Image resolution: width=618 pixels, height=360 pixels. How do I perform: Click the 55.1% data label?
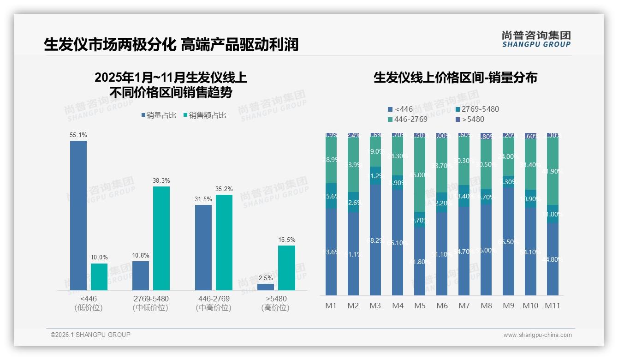pyautogui.click(x=78, y=135)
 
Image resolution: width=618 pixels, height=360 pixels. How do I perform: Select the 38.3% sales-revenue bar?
pyautogui.click(x=161, y=238)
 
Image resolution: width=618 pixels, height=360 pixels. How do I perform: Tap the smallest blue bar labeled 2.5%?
pyautogui.click(x=265, y=287)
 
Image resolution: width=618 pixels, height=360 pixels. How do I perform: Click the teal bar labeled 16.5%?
pyautogui.click(x=286, y=268)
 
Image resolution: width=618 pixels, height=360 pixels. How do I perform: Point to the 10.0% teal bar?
pyautogui.click(x=99, y=277)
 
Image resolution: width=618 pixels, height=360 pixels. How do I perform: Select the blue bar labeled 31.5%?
pyautogui.click(x=203, y=247)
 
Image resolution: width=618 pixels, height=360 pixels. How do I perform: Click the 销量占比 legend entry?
pyautogui.click(x=158, y=115)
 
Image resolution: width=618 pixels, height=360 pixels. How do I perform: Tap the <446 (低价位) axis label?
pyautogui.click(x=88, y=303)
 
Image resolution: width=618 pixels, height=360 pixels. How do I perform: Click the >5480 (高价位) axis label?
pyautogui.click(x=276, y=303)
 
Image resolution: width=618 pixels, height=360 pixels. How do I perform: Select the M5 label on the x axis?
pyautogui.click(x=419, y=306)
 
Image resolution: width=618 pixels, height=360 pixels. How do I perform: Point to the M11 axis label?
pyautogui.click(x=552, y=306)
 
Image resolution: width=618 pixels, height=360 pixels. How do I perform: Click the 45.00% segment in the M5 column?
pyautogui.click(x=419, y=175)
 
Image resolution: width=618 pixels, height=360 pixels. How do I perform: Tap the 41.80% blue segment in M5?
pyautogui.click(x=419, y=261)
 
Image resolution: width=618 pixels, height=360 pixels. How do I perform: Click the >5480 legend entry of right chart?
pyautogui.click(x=472, y=120)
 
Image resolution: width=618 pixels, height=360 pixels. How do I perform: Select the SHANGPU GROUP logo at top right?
pyautogui.click(x=536, y=39)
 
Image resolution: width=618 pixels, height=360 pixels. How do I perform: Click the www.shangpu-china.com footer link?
pyautogui.click(x=537, y=335)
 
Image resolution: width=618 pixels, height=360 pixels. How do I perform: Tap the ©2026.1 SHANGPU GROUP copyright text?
pyautogui.click(x=90, y=335)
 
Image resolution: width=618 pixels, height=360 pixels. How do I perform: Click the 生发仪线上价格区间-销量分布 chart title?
pyautogui.click(x=455, y=78)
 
